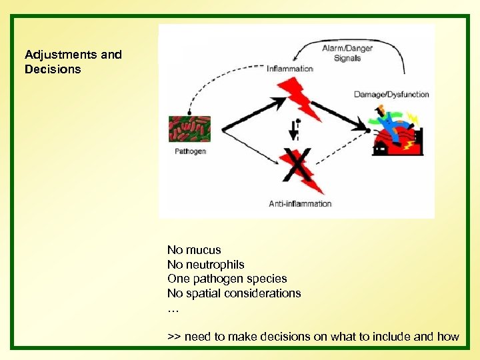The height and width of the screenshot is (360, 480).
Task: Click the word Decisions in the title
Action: (53, 69)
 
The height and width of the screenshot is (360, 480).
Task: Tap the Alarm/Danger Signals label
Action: (347, 53)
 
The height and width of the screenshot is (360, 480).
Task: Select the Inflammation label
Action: (289, 69)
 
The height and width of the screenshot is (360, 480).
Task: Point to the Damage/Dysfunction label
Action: (391, 95)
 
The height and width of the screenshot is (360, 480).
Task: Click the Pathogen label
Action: (190, 151)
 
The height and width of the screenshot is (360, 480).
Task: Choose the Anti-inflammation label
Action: (300, 203)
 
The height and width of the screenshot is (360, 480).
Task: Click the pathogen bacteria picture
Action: (190, 129)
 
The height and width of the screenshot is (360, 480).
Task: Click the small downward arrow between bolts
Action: (293, 131)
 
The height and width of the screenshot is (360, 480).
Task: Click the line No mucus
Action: (194, 250)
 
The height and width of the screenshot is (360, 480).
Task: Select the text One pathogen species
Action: (227, 279)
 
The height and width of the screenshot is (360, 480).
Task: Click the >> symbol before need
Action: (174, 337)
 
